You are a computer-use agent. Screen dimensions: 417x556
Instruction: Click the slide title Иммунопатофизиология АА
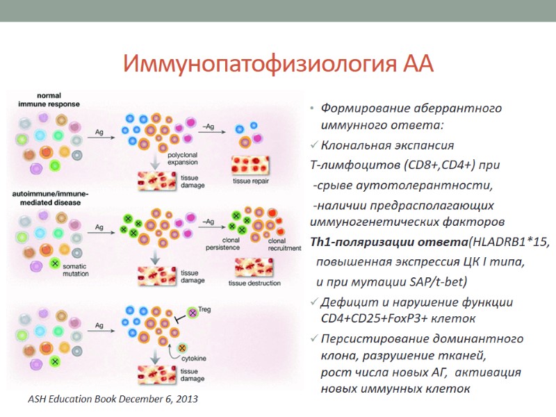[278, 65]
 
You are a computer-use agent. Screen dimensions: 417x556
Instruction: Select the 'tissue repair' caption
[252, 181]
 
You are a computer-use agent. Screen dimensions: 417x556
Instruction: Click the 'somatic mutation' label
[76, 270]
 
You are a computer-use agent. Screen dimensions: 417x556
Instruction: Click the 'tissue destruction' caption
[254, 284]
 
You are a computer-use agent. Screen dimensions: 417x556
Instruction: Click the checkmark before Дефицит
[314, 302]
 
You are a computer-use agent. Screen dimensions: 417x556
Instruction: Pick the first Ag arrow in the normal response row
[101, 135]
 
